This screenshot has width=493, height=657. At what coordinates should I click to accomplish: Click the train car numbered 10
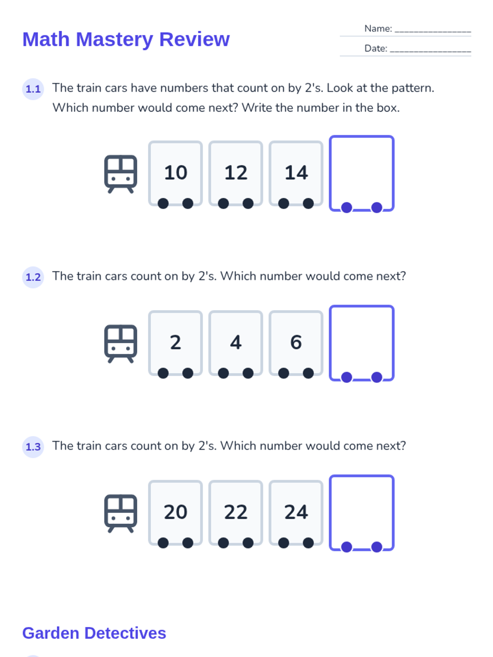(x=175, y=173)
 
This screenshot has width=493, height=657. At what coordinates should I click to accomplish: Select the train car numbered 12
(x=235, y=173)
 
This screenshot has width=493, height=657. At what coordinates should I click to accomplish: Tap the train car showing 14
(x=296, y=173)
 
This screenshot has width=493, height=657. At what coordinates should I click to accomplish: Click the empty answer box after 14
(x=362, y=173)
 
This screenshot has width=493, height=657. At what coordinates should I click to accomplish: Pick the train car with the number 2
(x=175, y=343)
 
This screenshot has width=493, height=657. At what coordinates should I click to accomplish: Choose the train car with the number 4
(x=235, y=343)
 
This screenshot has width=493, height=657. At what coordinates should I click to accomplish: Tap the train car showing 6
(x=296, y=343)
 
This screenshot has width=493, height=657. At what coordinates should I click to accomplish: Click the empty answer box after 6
(x=362, y=343)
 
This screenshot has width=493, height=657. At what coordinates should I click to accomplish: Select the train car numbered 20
(x=175, y=513)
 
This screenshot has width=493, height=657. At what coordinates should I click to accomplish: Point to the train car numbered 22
(x=235, y=513)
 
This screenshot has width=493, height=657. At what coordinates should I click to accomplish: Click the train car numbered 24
(x=296, y=513)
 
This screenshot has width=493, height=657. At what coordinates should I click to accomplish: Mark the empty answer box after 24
(x=362, y=513)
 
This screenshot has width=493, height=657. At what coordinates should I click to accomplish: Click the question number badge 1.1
(x=33, y=89)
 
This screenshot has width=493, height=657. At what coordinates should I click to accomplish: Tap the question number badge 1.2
(x=33, y=277)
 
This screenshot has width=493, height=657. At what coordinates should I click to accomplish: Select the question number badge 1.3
(x=33, y=447)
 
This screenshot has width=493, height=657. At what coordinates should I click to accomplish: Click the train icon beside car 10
(x=121, y=174)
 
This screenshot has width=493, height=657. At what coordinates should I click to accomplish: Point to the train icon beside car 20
(x=121, y=513)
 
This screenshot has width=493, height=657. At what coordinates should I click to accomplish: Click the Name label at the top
(x=378, y=28)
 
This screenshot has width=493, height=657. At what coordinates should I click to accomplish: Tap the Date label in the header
(x=376, y=48)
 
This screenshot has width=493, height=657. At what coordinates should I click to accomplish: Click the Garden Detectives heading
(x=94, y=633)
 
